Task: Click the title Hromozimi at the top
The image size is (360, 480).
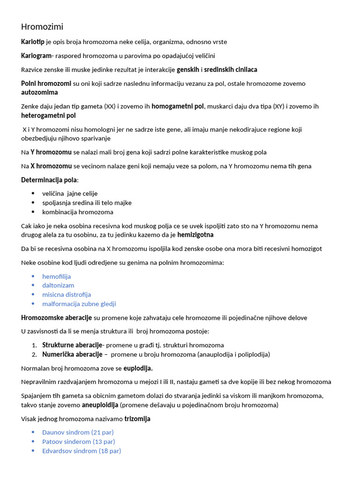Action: coord(42,27)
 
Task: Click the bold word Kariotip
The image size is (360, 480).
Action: coord(33,42)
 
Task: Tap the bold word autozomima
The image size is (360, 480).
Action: coord(39,92)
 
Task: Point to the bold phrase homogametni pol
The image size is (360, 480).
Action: coord(178,106)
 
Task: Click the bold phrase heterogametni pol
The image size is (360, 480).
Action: coord(48,115)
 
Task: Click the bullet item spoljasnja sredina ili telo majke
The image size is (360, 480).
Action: coord(87,203)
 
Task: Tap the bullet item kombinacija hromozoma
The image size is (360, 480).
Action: coord(77,212)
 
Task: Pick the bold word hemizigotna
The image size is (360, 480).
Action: coord(195,235)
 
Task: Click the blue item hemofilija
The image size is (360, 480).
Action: coord(56,277)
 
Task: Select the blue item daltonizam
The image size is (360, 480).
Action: coord(58,285)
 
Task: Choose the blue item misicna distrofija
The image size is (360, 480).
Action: coord(67,295)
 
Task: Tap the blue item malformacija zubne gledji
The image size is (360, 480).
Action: coord(79,304)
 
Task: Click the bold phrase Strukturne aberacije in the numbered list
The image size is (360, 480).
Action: coord(72,345)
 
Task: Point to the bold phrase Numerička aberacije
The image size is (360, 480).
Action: coord(72,354)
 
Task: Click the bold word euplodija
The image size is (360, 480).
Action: coord(138,368)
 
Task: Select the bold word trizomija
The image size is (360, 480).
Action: coord(137,419)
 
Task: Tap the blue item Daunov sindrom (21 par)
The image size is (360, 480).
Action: coord(78,432)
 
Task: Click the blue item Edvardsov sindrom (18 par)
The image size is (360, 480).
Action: coord(82,451)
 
